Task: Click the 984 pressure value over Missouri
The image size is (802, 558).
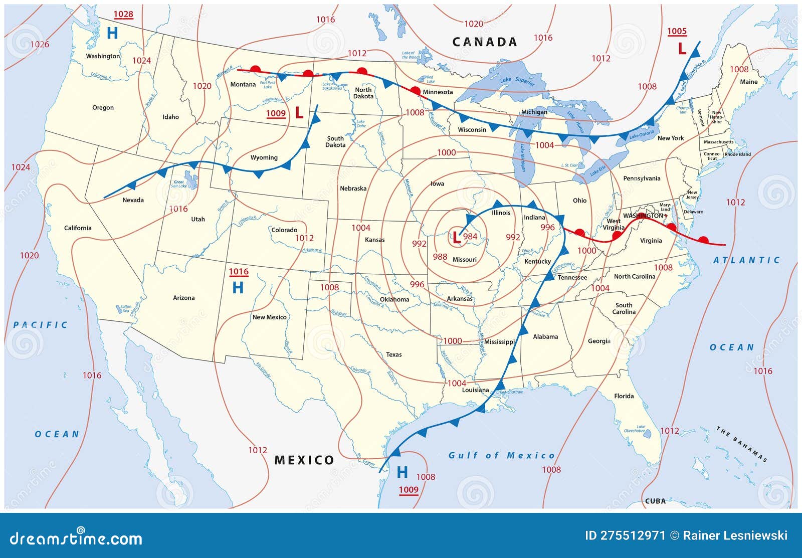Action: click(x=470, y=237)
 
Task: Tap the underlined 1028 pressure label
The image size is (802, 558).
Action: click(x=123, y=14)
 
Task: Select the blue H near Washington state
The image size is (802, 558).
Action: click(x=112, y=33)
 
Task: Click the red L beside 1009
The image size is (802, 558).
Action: click(x=299, y=113)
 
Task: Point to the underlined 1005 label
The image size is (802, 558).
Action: click(x=677, y=31)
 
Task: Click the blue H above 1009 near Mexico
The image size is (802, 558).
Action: click(x=402, y=472)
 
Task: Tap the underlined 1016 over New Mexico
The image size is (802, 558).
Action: click(x=239, y=272)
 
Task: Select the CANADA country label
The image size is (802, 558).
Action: click(x=484, y=42)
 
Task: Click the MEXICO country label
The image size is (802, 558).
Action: click(x=304, y=460)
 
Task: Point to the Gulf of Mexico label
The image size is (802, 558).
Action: click(x=501, y=455)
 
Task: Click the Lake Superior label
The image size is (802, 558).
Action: click(x=517, y=81)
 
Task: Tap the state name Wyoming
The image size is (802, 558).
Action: click(x=264, y=157)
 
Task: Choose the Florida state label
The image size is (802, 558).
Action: click(x=624, y=396)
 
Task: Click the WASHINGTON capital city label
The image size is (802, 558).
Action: click(x=643, y=216)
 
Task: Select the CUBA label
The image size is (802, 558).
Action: click(x=655, y=501)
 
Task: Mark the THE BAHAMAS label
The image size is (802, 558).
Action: click(x=741, y=444)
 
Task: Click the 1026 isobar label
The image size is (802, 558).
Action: click(x=40, y=44)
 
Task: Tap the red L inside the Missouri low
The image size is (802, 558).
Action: click(x=456, y=238)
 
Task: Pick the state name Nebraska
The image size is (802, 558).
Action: click(x=353, y=189)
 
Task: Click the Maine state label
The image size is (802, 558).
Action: click(x=748, y=82)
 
